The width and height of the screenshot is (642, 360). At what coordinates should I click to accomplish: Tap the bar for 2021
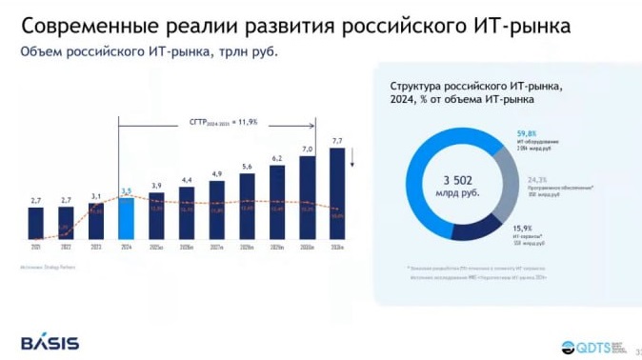(36, 223)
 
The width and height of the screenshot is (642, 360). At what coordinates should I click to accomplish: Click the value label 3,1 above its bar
(96, 196)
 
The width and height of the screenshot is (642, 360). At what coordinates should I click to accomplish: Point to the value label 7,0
(307, 150)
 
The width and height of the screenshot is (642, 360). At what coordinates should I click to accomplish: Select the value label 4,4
(187, 180)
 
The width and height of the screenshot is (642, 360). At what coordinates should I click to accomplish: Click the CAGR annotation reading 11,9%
(223, 122)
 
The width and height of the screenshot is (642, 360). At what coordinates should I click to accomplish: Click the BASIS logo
(50, 343)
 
